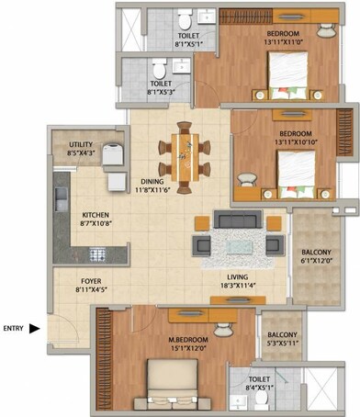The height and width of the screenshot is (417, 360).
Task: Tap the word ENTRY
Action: [x=14, y=328]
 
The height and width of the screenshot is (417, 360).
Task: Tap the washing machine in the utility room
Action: [x=113, y=154]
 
